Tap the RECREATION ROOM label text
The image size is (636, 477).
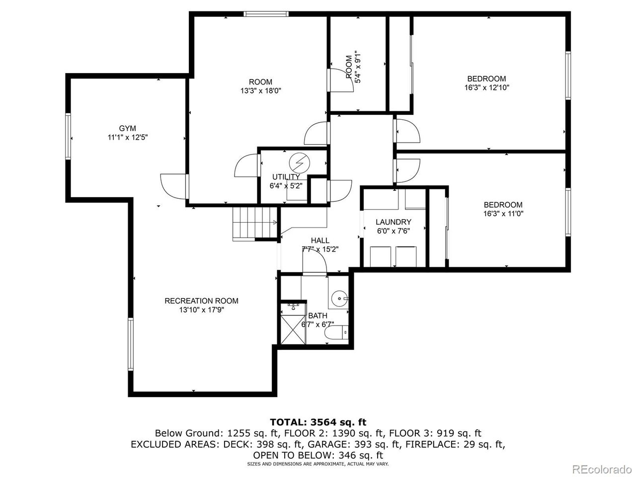tap(201, 301)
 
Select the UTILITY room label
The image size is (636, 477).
tap(286, 177)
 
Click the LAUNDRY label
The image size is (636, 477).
tap(393, 222)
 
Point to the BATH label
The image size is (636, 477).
tap(318, 316)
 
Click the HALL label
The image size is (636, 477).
tap(320, 240)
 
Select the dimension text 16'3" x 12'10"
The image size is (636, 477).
tap(486, 87)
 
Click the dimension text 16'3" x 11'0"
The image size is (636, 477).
tap(503, 214)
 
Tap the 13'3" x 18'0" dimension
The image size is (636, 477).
tap(260, 91)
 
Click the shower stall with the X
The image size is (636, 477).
tap(293, 328)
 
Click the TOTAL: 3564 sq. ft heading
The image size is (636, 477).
tap(318, 422)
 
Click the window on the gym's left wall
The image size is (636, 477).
tap(68, 136)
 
